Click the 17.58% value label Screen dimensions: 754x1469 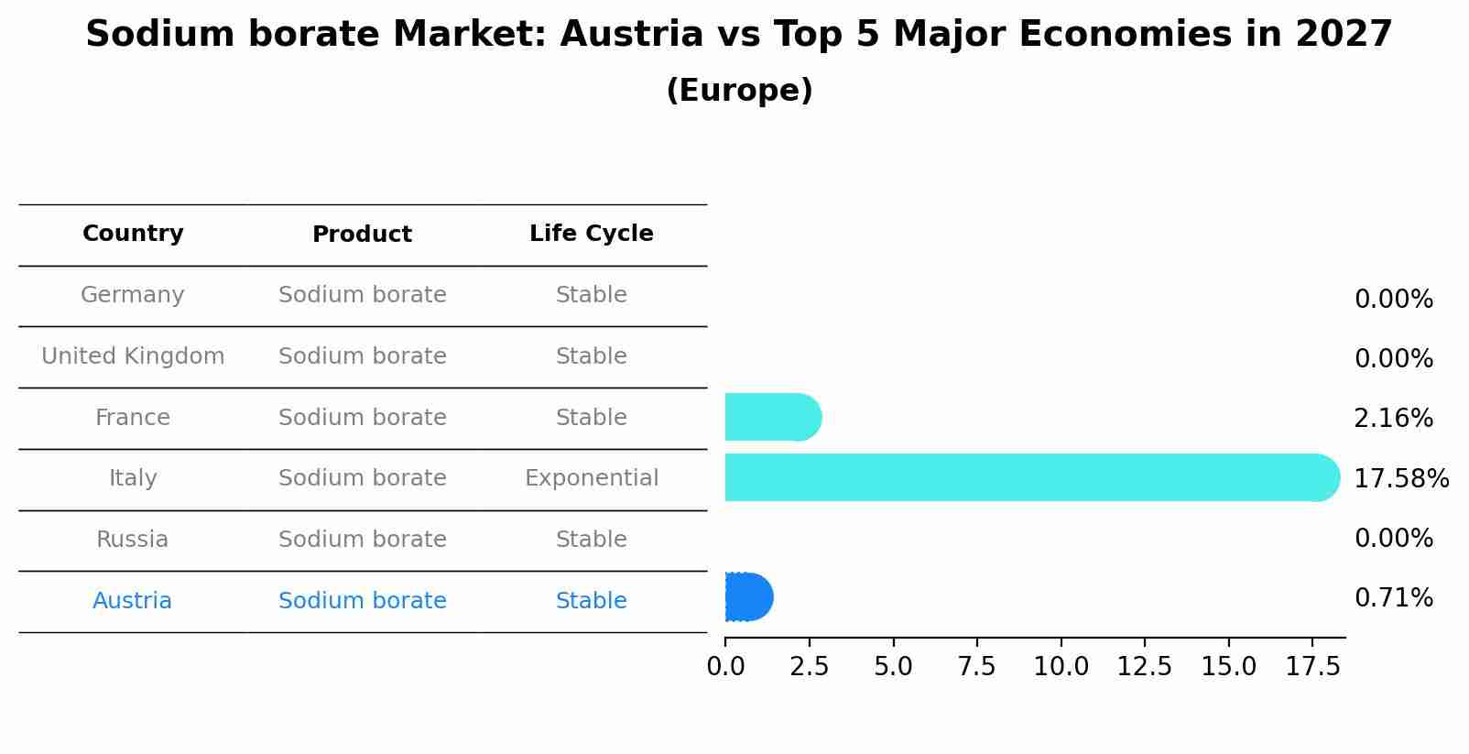1400,478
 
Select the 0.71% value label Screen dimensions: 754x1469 1393,598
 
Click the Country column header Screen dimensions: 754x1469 133,234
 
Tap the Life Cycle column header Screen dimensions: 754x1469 591,234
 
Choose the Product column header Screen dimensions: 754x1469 362,235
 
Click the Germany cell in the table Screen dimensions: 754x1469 133,295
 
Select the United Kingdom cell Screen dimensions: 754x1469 133,356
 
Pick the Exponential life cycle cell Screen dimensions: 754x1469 591,478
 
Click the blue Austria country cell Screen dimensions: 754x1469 132,601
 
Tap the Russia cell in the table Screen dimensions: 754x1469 133,540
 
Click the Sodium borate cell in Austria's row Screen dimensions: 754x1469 362,601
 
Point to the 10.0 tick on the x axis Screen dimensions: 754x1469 1061,667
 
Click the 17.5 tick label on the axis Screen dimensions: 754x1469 1312,667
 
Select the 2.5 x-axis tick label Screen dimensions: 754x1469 809,667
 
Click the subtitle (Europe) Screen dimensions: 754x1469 739,91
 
